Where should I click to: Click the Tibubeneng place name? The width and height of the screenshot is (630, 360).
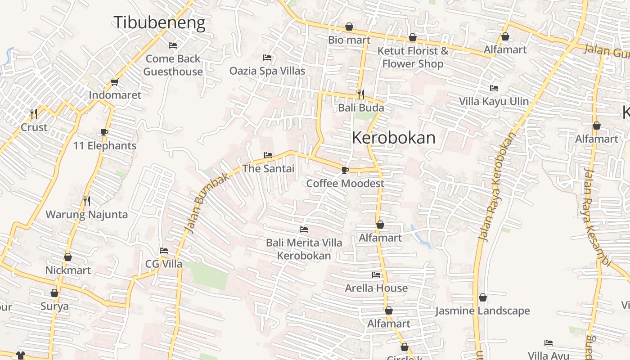pos(159,22)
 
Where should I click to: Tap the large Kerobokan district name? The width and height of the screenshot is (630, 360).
pos(394,138)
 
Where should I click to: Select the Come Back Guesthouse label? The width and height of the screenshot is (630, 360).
pos(173,65)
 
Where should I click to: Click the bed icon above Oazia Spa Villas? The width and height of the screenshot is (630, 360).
pos(267,58)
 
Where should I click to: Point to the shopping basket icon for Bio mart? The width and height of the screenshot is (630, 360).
pos(349,27)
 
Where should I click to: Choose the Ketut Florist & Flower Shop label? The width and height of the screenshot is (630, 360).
pos(413,57)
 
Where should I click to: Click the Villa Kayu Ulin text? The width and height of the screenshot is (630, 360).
pos(494,101)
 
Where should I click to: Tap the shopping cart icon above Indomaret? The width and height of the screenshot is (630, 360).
pos(114,82)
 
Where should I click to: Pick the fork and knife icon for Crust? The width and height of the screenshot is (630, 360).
pos(34,113)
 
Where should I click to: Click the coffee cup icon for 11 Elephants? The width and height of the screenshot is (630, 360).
pos(104,133)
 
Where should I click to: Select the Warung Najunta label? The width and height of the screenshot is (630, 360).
pos(87,215)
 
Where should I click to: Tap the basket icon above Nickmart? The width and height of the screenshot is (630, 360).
pos(68,257)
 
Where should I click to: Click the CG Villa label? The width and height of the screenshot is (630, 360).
pos(164,264)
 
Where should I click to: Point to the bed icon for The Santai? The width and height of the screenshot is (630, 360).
pos(268,156)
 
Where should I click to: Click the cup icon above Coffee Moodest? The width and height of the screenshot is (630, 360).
pos(345,170)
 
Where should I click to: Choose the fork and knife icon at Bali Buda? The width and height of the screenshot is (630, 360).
pos(360,94)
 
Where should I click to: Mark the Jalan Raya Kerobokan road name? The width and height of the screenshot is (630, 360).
pos(497,187)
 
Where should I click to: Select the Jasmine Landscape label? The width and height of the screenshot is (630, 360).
pos(482,311)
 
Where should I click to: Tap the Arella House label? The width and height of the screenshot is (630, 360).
pos(376,288)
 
